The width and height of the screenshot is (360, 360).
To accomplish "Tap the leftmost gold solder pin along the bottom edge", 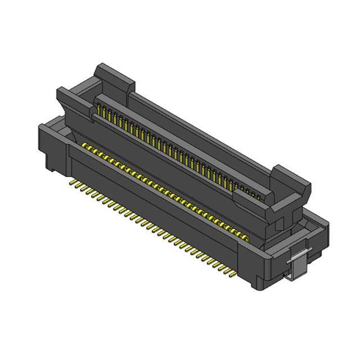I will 72,183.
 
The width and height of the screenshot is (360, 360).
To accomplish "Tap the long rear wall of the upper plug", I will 197,124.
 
